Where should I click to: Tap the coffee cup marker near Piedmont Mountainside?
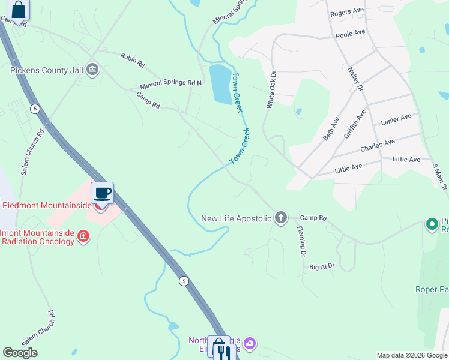pos(102,193)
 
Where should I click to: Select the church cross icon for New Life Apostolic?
pos(281,218)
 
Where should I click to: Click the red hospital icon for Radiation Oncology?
pos(83,237)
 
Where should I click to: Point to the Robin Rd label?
pos(133,58)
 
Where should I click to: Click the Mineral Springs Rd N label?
pos(170,85)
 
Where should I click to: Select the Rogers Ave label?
pos(347,11)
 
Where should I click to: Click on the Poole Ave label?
pos(351,34)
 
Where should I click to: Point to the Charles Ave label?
pos(377,145)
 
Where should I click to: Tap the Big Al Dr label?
pos(322,266)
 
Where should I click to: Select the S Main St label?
pos(440,176)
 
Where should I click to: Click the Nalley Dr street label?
pos(356,79)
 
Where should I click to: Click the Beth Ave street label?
pos(331,128)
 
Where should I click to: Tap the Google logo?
pos(20,353)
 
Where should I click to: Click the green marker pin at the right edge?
pos(431,224)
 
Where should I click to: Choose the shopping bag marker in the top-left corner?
pos(19,10)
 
